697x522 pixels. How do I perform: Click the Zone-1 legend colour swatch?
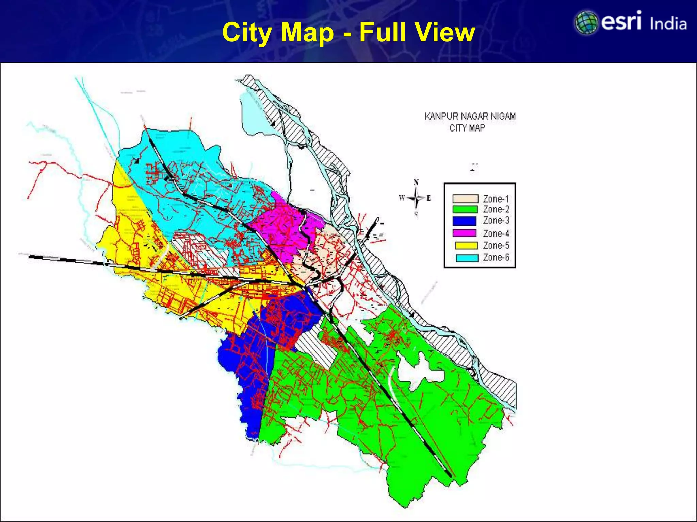(465, 199)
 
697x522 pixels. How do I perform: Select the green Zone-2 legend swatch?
(465, 209)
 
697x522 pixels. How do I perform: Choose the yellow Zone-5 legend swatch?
(467, 245)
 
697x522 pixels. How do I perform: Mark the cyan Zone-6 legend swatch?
(467, 258)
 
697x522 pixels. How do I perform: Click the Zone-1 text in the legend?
(496, 199)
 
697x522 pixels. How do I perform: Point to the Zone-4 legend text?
(496, 233)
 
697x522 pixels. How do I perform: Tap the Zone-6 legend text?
(496, 257)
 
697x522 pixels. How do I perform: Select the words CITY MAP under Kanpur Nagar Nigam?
(467, 128)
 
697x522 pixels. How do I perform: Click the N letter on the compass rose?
(416, 182)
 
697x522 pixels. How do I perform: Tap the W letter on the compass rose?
(402, 198)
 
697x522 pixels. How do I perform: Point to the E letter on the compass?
(428, 198)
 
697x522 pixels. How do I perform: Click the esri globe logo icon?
(586, 23)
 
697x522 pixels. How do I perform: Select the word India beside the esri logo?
(668, 24)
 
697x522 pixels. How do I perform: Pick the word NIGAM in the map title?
(503, 117)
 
